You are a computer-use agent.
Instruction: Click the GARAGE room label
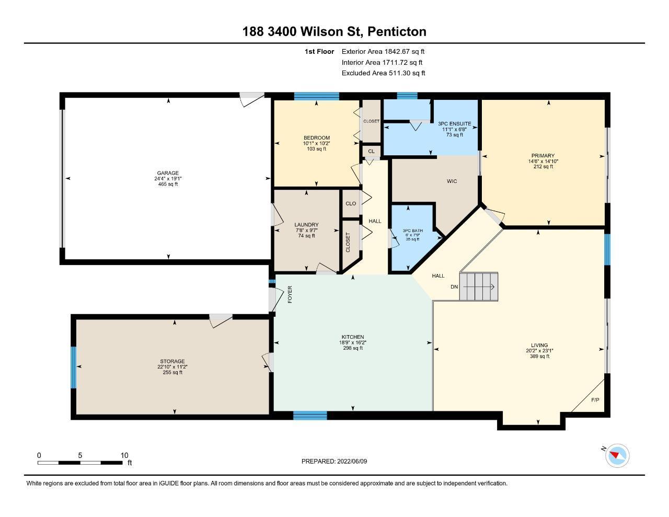168,173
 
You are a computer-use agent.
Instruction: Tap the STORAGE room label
172,361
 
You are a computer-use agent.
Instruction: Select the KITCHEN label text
353,337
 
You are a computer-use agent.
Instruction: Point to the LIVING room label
539,345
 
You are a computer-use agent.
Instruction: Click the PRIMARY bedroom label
543,155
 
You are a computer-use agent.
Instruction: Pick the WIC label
452,181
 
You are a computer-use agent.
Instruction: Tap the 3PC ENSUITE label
454,123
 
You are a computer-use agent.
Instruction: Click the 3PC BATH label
412,231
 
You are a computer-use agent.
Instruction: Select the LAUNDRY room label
306,225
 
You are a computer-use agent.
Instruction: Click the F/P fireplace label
595,400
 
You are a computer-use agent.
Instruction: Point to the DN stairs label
454,286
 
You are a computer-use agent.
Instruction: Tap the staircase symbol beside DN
479,286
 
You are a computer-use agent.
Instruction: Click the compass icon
617,455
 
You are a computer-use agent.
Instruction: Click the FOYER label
290,294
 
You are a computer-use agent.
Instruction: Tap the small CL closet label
371,151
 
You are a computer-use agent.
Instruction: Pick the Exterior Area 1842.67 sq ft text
383,51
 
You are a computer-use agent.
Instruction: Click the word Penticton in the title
397,31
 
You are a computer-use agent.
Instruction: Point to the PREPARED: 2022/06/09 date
334,461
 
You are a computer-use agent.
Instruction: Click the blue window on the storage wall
73,367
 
